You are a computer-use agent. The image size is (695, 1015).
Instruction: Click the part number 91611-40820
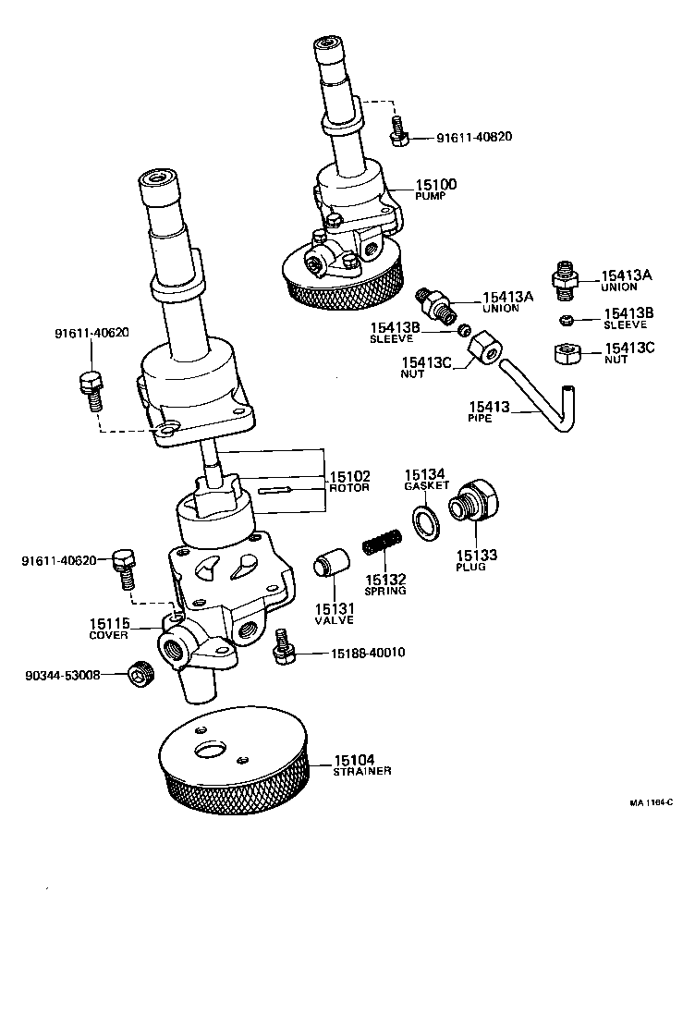click(x=475, y=137)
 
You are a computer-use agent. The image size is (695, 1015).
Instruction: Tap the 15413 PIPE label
click(x=489, y=410)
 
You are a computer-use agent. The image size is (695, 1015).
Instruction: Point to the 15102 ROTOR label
click(x=349, y=482)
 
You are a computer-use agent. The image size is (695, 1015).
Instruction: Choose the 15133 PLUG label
click(x=476, y=559)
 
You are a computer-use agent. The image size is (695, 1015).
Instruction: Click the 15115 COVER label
click(x=109, y=629)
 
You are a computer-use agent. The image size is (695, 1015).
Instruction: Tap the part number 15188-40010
click(x=369, y=654)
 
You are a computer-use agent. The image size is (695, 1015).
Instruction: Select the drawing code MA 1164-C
click(x=652, y=802)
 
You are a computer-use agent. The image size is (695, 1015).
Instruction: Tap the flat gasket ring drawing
click(x=426, y=521)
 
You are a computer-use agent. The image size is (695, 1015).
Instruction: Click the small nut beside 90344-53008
click(x=140, y=676)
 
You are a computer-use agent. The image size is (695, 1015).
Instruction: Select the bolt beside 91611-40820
click(x=399, y=131)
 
